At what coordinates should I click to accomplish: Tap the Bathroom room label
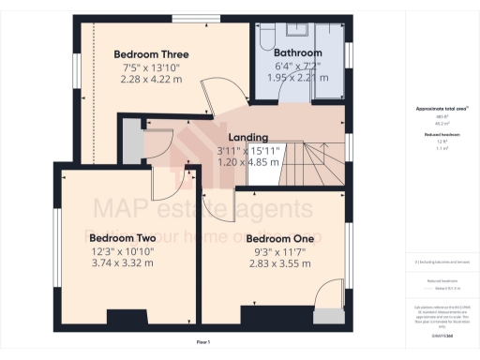[x=297, y=52]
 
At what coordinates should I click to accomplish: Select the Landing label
[x=248, y=138]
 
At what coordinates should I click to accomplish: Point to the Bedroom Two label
[x=121, y=237]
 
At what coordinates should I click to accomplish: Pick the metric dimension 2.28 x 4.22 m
[x=150, y=79]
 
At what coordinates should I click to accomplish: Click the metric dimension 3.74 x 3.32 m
[x=121, y=263]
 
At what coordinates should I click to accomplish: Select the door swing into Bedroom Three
[x=221, y=97]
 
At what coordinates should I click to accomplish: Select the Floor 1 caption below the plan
[x=202, y=343]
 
